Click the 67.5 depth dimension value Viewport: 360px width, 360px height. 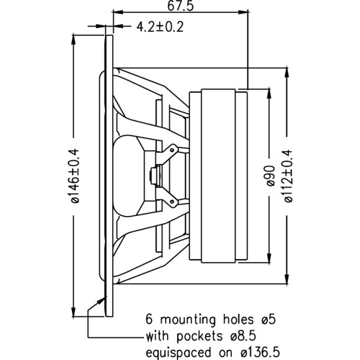pos(181,6)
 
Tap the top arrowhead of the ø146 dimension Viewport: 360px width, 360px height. pos(74,40)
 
